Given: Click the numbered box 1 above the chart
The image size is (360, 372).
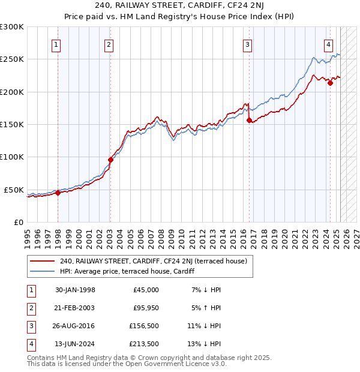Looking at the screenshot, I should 56,44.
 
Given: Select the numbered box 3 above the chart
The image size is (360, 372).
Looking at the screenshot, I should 247,44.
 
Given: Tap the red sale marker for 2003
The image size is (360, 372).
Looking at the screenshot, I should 110,160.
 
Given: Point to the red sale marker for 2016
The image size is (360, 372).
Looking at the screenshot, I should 248,120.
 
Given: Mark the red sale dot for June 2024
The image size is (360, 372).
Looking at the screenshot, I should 330,83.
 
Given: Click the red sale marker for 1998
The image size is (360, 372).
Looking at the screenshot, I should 58,193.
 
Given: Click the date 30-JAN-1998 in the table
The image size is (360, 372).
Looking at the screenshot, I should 75,290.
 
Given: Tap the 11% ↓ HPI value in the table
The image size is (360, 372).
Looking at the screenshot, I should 204,326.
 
